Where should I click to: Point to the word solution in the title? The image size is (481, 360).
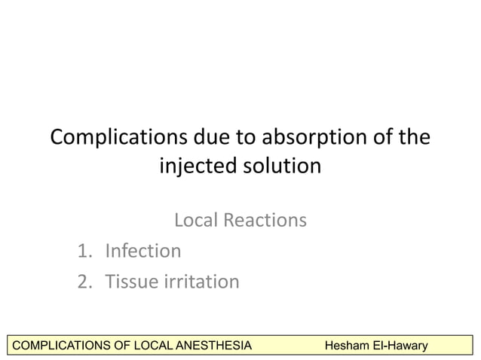(284, 165)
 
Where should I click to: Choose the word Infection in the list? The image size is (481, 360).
(143, 251)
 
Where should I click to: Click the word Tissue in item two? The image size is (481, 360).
(131, 282)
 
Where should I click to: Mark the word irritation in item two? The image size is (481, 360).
(201, 282)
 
